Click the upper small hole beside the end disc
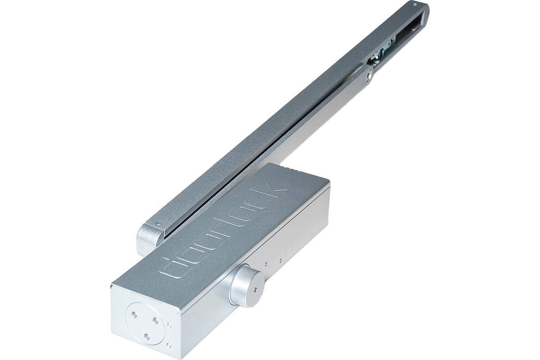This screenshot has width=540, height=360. pyautogui.click(x=167, y=323)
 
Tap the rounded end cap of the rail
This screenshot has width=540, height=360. pyautogui.click(x=148, y=236)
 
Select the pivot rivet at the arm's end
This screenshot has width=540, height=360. pyautogui.click(x=369, y=77)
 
